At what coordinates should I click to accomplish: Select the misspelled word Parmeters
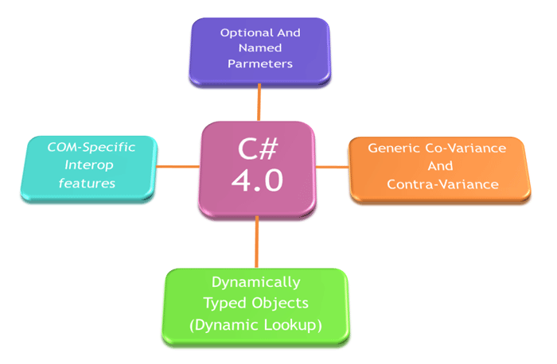point(260,64)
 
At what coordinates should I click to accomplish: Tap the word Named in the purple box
point(260,48)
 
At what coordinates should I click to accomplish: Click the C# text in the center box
point(258,149)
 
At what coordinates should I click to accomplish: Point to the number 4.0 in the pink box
point(257,180)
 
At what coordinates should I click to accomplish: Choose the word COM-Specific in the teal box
point(92,148)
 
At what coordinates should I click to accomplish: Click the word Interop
point(89,165)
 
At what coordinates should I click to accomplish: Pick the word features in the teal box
point(87,184)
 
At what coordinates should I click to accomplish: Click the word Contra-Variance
point(442,184)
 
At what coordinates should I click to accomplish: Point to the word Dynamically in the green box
point(256,283)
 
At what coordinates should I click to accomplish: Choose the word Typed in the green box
point(224,304)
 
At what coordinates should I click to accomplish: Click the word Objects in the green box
point(280,303)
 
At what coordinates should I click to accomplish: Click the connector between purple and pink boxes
point(259,103)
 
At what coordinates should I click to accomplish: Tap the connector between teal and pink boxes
point(178,166)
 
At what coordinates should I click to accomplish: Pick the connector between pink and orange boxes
point(332,167)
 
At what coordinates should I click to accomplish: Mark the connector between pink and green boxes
point(256,242)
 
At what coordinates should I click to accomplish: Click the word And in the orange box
point(440,166)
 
